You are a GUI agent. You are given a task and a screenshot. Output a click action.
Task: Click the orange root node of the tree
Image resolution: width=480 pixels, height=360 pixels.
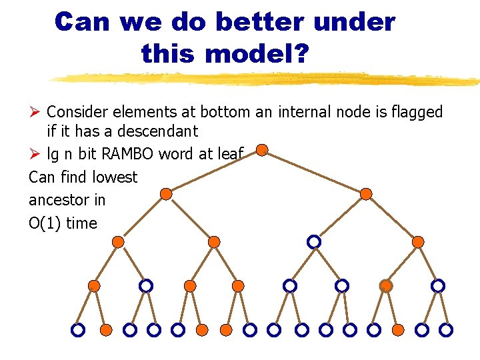(x=263, y=150)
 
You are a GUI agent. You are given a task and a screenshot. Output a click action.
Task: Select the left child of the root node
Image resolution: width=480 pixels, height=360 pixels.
(x=166, y=194)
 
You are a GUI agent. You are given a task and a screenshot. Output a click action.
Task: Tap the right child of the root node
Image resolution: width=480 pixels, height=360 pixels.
(x=366, y=194)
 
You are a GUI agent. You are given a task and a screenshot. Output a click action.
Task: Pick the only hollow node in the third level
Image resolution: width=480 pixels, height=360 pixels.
(x=313, y=241)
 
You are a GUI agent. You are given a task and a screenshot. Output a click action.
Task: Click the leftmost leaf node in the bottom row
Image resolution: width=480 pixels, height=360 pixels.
(x=78, y=330)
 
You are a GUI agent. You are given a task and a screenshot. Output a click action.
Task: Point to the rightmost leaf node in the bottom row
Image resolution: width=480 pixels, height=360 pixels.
(x=447, y=330)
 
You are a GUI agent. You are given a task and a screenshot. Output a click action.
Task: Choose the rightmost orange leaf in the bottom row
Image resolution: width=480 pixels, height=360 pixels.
(x=398, y=330)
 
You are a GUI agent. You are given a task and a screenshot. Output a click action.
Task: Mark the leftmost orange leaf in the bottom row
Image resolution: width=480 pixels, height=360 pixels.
(x=105, y=330)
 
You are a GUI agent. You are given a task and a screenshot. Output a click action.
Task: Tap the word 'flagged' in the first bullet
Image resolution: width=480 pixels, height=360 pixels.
(x=417, y=112)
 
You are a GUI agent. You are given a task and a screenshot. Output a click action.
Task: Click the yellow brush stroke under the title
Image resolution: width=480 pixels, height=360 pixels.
(x=267, y=79)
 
